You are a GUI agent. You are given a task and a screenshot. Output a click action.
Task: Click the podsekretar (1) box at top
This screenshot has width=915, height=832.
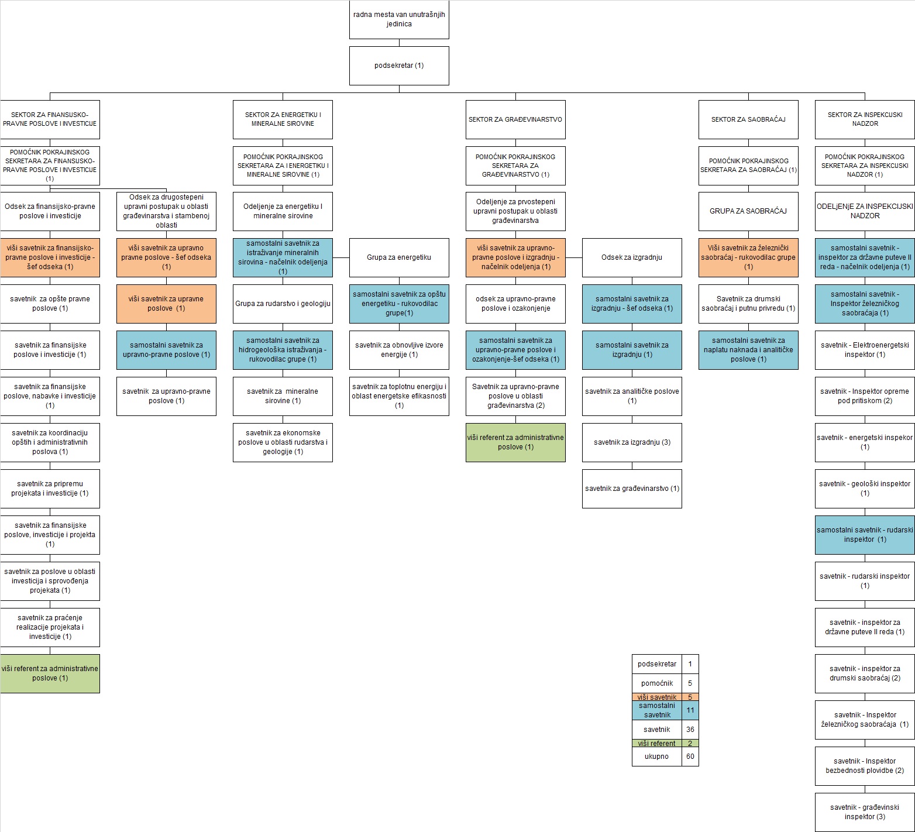pos(399,66)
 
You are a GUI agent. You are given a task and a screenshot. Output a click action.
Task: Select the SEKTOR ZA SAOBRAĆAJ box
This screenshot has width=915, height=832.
pos(748,119)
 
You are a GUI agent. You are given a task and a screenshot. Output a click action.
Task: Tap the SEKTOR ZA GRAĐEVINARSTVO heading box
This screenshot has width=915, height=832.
pos(515,119)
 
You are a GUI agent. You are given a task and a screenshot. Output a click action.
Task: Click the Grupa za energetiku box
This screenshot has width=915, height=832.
pos(399,257)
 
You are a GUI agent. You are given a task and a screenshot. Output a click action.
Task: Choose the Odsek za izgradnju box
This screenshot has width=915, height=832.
pos(632,257)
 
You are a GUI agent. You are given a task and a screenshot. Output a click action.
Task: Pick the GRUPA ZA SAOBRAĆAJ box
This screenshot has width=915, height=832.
pos(748,211)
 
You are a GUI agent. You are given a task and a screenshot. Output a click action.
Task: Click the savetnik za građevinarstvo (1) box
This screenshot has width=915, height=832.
pos(632,489)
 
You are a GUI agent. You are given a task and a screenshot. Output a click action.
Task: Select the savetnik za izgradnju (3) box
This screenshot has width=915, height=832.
pos(632,442)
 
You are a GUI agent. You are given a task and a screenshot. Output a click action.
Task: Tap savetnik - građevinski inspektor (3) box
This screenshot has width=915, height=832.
pos(865,812)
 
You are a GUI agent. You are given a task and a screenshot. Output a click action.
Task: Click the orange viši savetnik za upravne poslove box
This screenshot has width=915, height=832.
pos(166,304)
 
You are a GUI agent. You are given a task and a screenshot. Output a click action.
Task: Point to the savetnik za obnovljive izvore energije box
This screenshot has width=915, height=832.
pos(399,350)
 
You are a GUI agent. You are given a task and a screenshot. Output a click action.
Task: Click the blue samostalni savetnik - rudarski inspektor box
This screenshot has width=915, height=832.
pos(865,535)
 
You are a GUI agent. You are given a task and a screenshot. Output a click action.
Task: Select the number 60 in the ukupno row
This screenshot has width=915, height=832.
pos(690,757)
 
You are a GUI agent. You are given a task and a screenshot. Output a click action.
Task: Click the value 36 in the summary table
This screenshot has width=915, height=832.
pos(690,730)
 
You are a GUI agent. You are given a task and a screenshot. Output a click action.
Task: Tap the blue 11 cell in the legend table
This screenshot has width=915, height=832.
pos(690,710)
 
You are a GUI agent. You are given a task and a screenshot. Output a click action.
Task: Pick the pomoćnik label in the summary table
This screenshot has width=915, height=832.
pos(657,683)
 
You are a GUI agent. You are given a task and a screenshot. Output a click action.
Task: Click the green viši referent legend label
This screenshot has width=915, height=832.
pos(657,744)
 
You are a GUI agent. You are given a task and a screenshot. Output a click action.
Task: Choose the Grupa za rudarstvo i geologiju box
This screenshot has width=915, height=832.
pos(283,304)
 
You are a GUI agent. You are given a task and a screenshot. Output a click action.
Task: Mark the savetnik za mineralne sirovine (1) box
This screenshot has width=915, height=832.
pos(283,396)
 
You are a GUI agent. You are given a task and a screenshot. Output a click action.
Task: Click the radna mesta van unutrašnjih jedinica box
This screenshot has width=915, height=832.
pos(399,19)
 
